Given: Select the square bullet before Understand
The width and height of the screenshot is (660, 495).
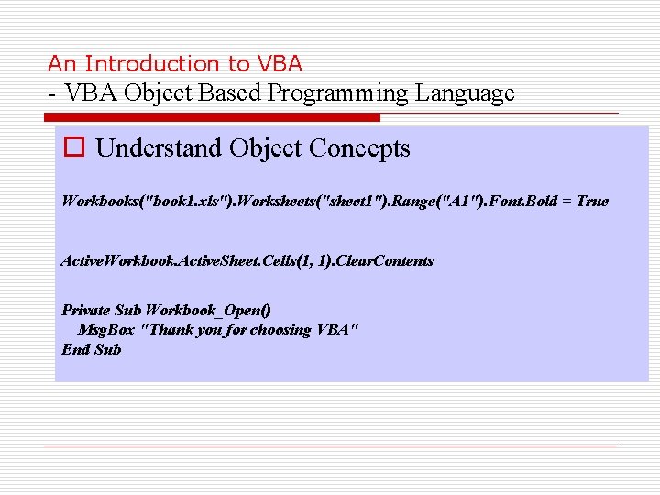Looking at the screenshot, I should point(73,148).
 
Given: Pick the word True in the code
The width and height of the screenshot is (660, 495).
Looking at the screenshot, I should point(591,201).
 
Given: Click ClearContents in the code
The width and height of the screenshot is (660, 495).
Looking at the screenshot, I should point(385,261).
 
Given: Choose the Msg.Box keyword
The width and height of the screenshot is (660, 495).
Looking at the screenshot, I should point(104,330).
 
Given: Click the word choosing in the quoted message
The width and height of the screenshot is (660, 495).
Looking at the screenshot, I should point(280,330).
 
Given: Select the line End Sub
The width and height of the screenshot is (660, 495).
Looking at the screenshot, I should point(91,349).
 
